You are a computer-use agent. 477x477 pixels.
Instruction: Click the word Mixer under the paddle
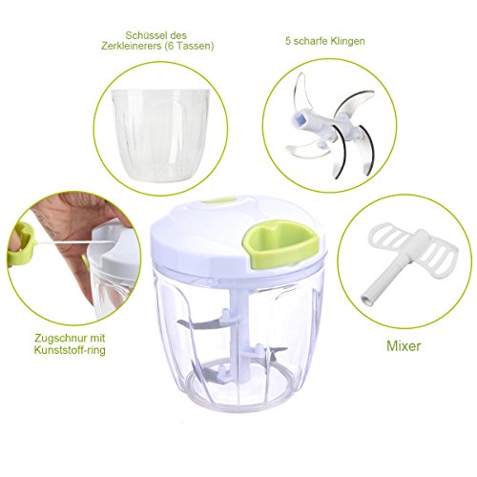(x=404, y=345)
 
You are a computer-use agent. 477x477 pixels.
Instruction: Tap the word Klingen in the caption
(x=346, y=41)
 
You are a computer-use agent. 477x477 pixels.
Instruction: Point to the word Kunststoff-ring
(x=70, y=351)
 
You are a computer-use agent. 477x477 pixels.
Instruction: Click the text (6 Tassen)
(x=189, y=47)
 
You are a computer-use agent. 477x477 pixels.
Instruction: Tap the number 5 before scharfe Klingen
(x=288, y=41)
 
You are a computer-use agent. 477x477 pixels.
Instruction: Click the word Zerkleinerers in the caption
(x=132, y=47)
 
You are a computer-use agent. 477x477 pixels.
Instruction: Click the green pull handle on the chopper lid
(x=280, y=242)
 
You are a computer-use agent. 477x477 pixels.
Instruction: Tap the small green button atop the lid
(x=218, y=201)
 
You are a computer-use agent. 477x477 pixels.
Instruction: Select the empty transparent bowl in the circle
(x=160, y=135)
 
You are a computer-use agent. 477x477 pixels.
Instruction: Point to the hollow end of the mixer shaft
(x=366, y=300)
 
